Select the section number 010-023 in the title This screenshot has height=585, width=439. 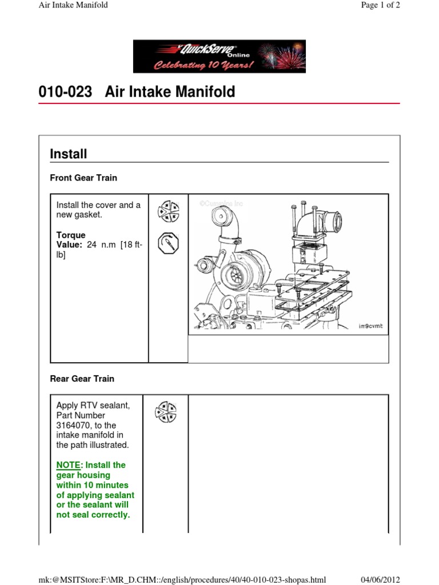coord(65,92)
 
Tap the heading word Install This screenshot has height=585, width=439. coord(69,154)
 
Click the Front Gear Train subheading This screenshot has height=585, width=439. coord(83,178)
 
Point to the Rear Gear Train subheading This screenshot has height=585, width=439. coord(82,379)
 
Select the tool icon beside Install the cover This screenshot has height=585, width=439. coord(168,211)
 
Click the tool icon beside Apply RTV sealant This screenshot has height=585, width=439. coord(165,412)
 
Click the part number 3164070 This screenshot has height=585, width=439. coord(75,426)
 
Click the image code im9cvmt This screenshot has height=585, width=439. coord(370,326)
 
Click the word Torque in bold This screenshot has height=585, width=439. coord(71,235)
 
